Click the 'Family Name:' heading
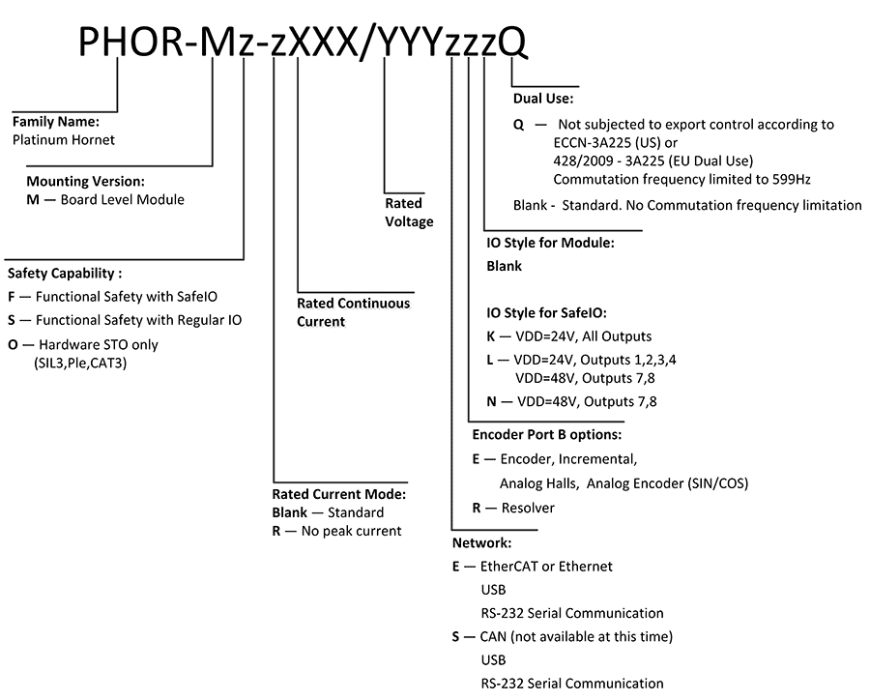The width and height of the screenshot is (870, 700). coord(56,123)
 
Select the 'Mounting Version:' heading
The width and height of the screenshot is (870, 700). coord(86,182)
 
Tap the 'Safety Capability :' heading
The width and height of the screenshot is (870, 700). coord(65,274)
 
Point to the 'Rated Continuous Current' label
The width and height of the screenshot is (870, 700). coord(353,311)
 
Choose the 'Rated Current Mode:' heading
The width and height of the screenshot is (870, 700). coord(339,494)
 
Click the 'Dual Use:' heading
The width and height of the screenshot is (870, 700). coord(543,98)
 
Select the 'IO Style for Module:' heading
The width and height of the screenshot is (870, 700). coord(550,244)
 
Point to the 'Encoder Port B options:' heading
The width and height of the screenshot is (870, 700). coord(546,434)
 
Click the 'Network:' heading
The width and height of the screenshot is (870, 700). coord(481,543)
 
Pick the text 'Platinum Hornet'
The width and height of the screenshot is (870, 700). coord(64,139)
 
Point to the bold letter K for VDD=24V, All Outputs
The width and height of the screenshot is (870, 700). coord(491,336)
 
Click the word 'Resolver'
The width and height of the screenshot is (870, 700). coord(528,507)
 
